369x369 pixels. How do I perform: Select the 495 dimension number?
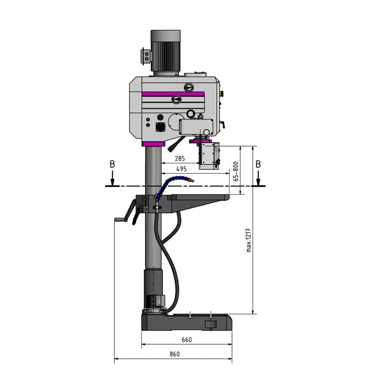pyautogui.click(x=181, y=169)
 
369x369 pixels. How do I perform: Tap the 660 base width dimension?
pyautogui.click(x=186, y=340)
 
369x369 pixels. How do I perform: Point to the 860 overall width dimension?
pyautogui.click(x=173, y=353)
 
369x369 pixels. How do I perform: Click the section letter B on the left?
pyautogui.click(x=112, y=164)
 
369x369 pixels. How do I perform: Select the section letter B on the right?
pyautogui.click(x=258, y=164)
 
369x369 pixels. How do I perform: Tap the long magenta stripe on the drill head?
pyautogui.click(x=172, y=94)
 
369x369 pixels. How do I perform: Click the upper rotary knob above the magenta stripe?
pyautogui.click(x=188, y=87)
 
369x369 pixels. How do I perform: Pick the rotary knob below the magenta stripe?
pyautogui.click(x=176, y=99)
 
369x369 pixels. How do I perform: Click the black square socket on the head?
pyautogui.click(x=152, y=127)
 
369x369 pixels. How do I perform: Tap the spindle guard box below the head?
pyautogui.click(x=209, y=155)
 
